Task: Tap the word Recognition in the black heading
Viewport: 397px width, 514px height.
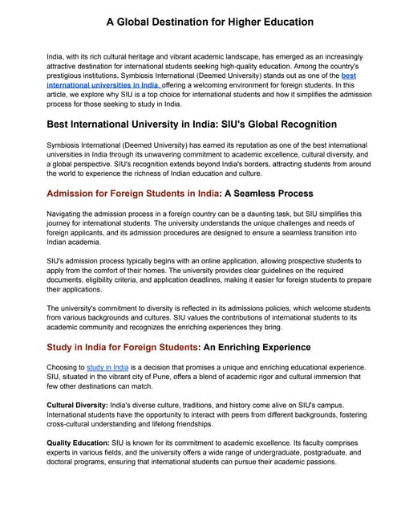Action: pyautogui.click(x=298, y=124)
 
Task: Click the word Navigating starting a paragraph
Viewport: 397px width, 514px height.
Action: pyautogui.click(x=67, y=214)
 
